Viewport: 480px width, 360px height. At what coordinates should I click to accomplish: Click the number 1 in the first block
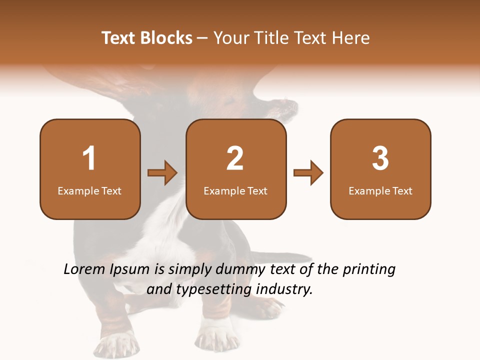tap(89, 158)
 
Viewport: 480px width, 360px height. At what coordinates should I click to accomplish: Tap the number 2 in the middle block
tap(235, 158)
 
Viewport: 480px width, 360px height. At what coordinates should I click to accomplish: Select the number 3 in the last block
tap(380, 158)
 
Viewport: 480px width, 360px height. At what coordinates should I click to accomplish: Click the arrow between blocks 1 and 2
tap(162, 173)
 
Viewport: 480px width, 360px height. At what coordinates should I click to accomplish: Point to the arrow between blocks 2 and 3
tap(308, 173)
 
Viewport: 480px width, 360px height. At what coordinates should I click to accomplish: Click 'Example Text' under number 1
tap(89, 191)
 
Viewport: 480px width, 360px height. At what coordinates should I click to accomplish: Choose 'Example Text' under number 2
tap(235, 191)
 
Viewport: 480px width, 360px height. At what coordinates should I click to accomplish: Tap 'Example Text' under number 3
tap(380, 191)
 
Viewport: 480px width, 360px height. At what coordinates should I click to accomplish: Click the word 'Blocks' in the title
tap(166, 38)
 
